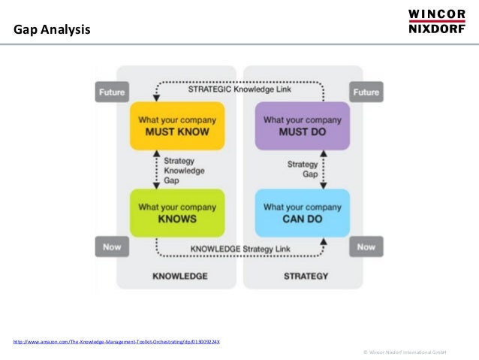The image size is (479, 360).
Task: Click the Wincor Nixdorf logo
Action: [437, 22]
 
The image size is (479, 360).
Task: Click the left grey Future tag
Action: [110, 92]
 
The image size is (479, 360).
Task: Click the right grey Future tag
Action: [366, 92]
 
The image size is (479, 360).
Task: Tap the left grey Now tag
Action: [110, 247]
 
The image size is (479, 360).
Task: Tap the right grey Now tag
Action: [366, 247]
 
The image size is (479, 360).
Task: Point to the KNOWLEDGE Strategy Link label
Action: [239, 249]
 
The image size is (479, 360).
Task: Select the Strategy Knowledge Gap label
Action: [183, 170]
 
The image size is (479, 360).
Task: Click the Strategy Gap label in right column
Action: [303, 168]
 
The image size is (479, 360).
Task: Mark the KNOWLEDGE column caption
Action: [180, 276]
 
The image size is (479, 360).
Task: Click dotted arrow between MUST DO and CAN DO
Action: [324, 168]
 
